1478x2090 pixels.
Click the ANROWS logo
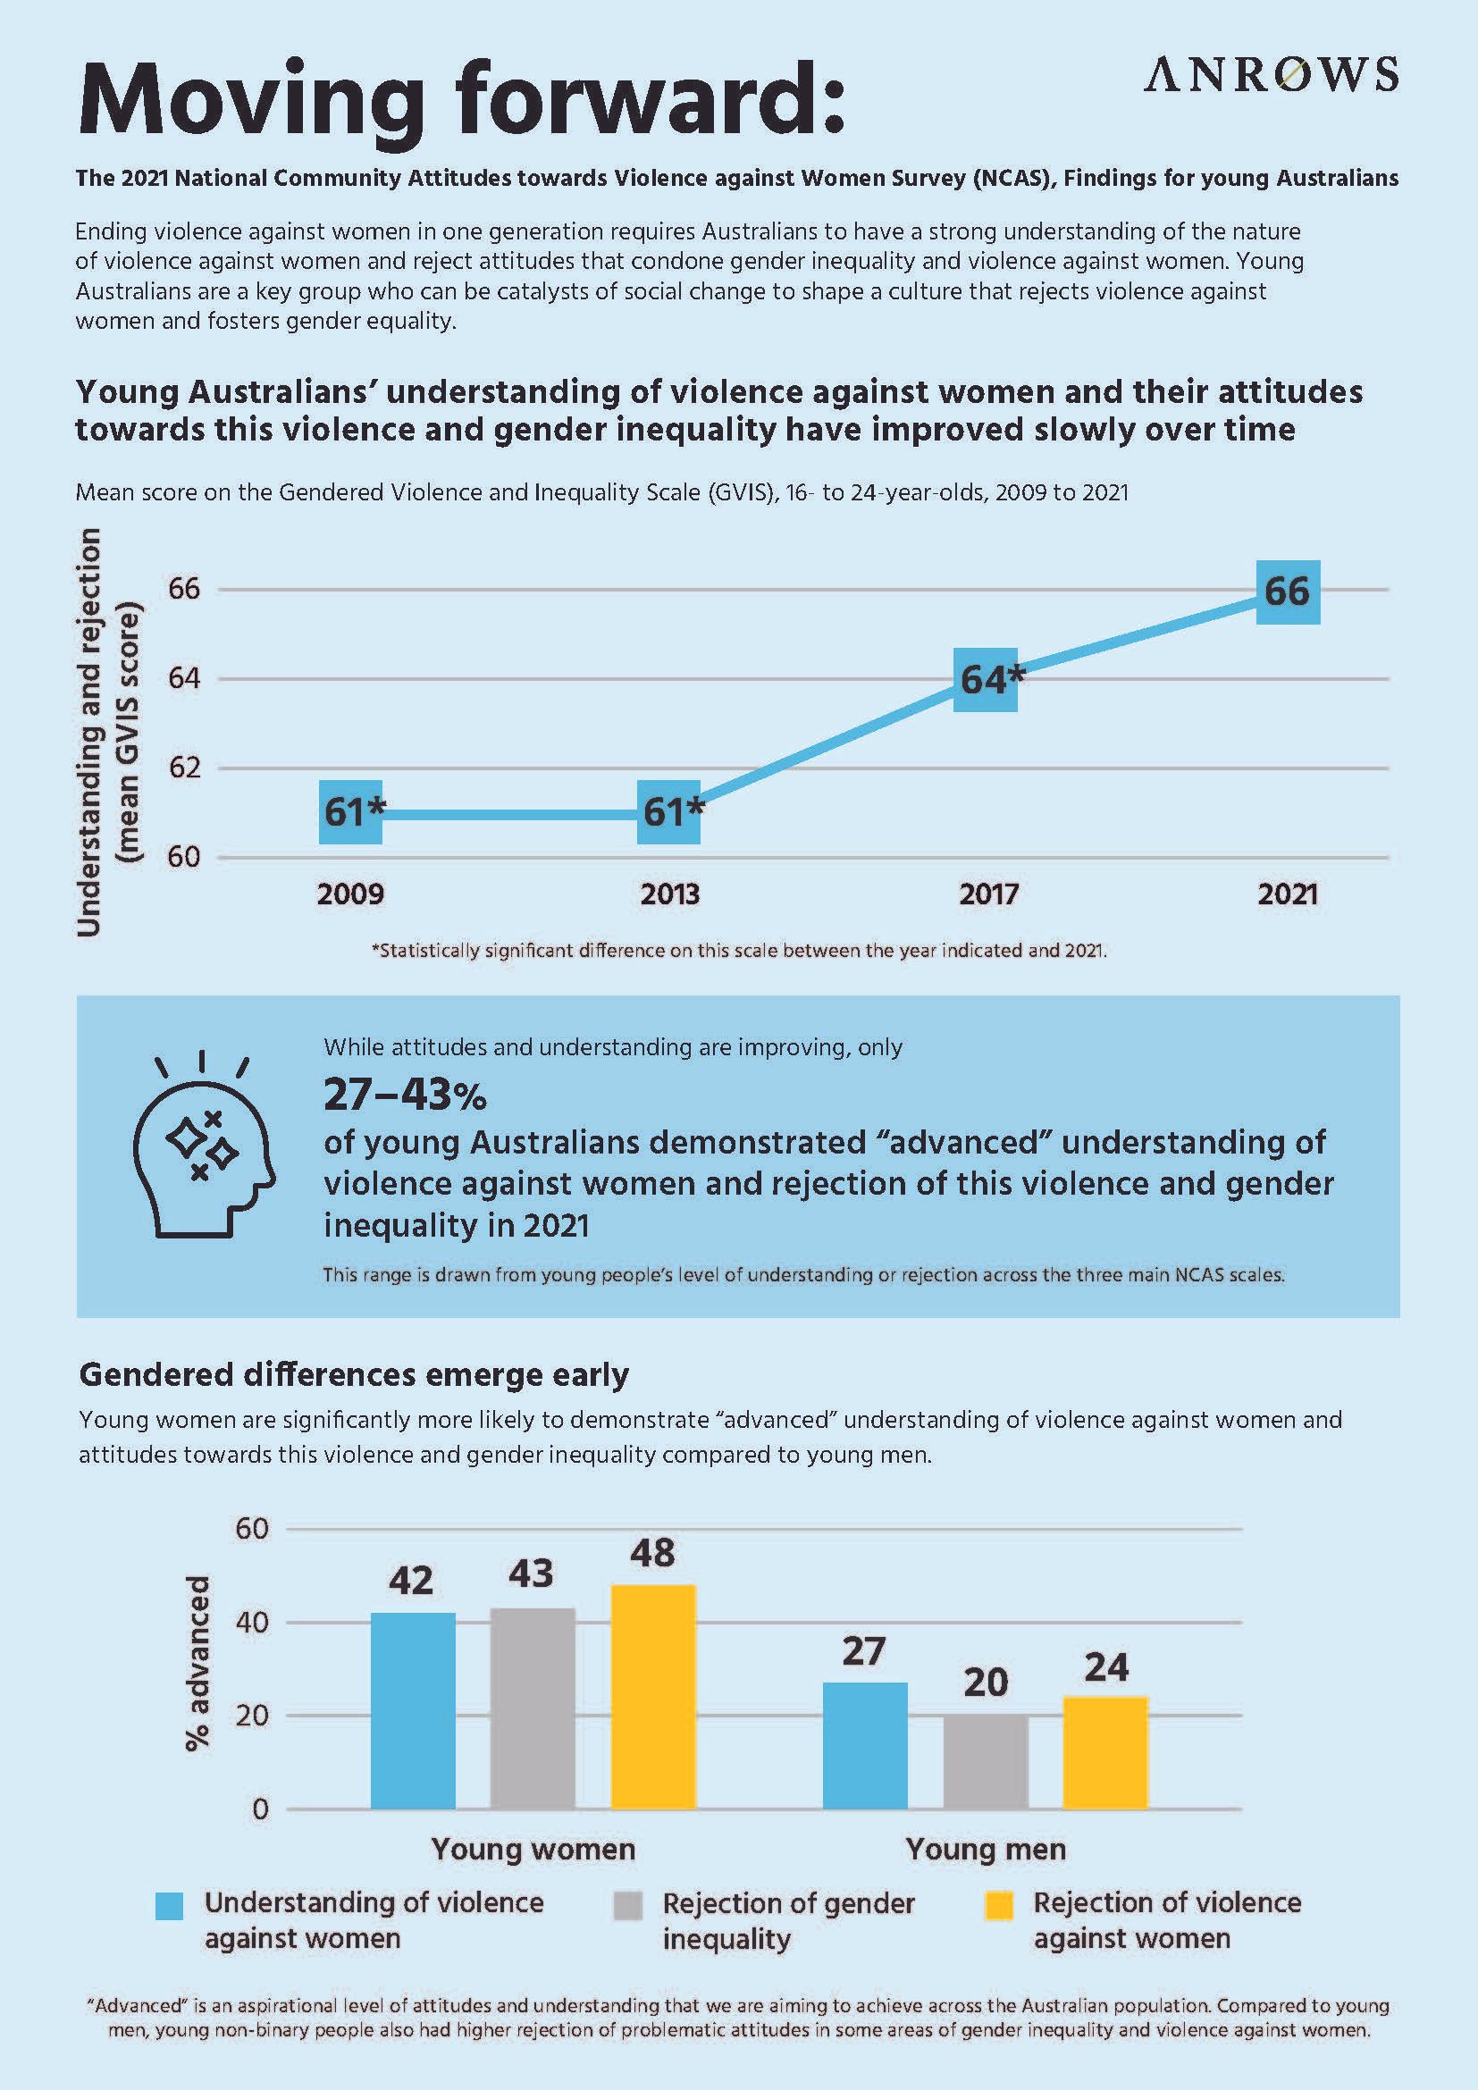[1271, 74]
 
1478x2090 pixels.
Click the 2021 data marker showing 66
[1287, 592]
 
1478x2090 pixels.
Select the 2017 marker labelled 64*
[986, 679]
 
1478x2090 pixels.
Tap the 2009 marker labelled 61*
[350, 811]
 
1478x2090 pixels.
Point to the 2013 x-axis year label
[670, 894]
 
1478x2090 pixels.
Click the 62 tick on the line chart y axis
[183, 768]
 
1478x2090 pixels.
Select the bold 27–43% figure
[405, 1096]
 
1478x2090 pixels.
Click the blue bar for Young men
[865, 1745]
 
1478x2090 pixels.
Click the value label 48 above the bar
[652, 1553]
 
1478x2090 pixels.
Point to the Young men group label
[985, 1850]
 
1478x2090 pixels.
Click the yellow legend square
[999, 1906]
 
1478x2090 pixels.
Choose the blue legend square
[169, 1906]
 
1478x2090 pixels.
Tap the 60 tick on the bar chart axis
[252, 1528]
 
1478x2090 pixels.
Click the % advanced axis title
[197, 1663]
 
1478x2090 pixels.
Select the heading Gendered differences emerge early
[354, 1374]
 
